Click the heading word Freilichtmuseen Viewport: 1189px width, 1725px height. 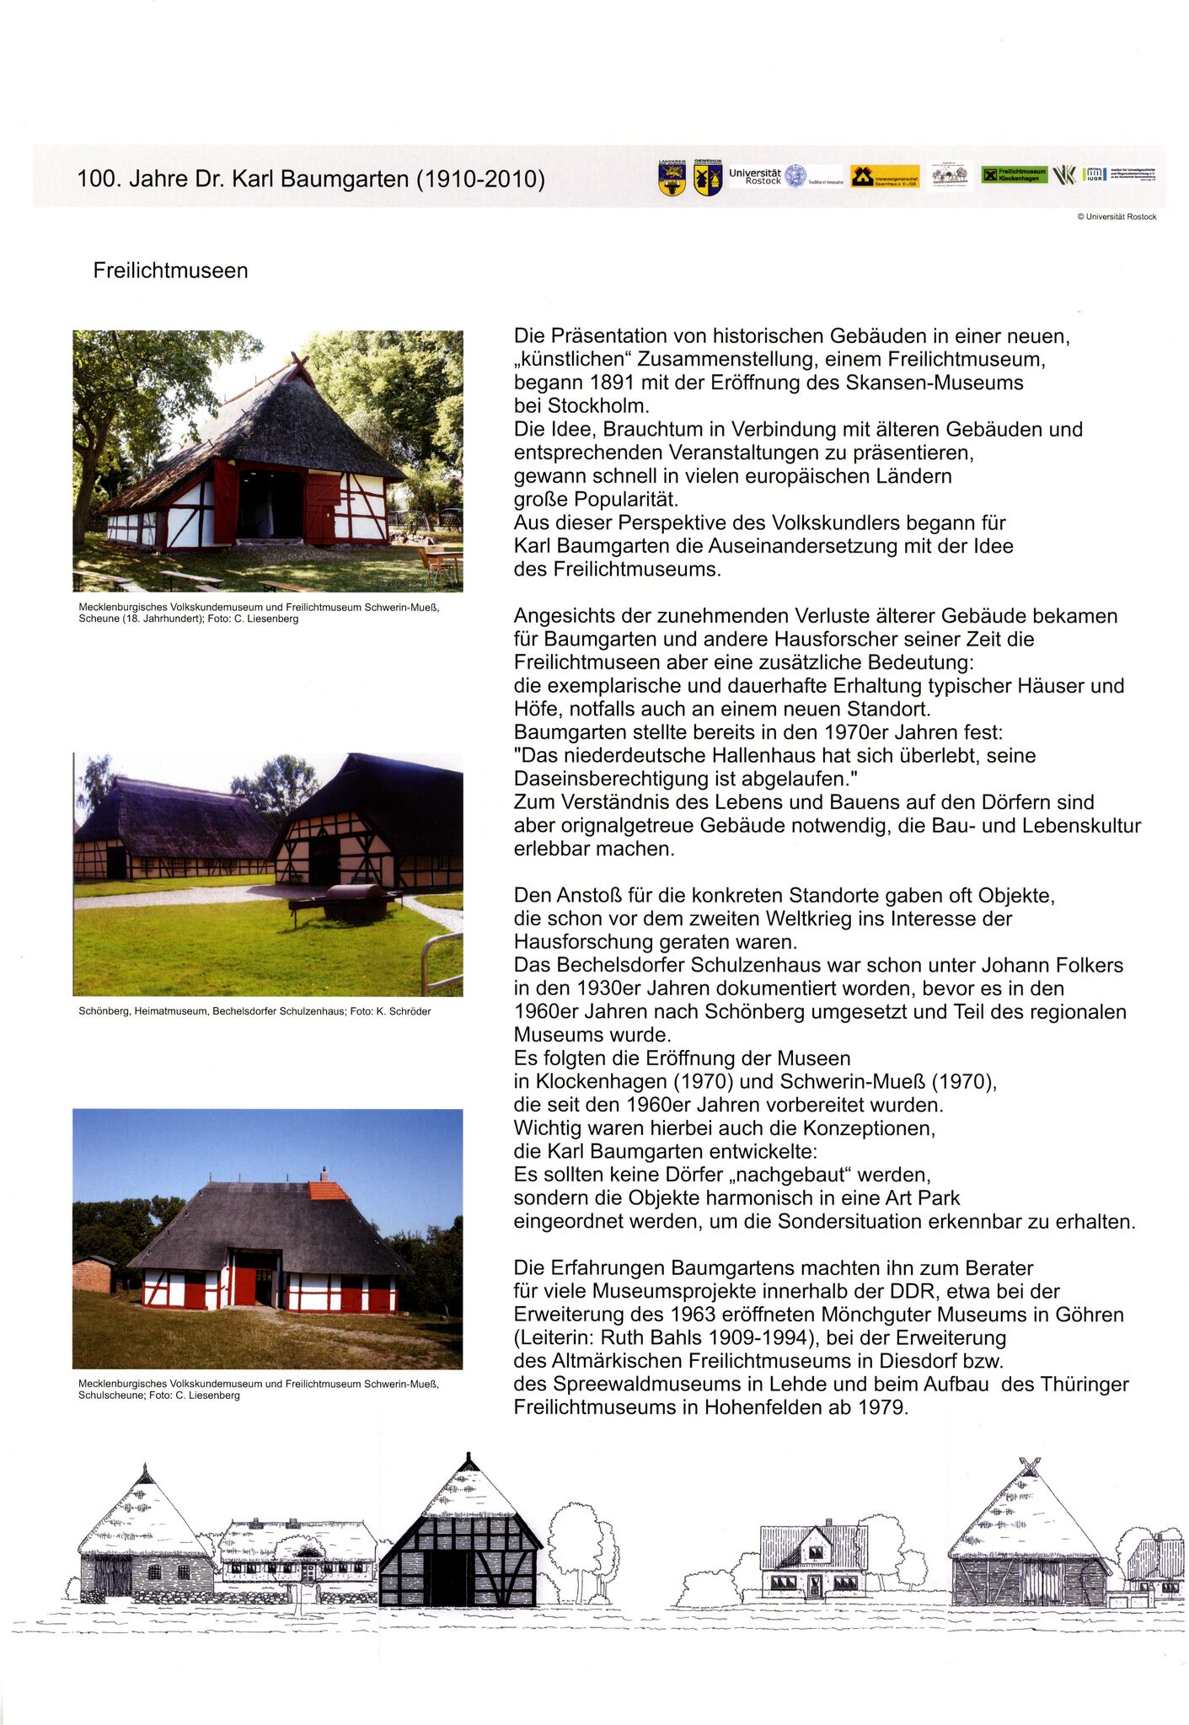170,271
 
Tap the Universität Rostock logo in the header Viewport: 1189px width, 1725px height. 767,176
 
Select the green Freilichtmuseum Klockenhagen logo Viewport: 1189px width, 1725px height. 1014,175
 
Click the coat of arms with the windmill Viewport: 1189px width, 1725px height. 707,179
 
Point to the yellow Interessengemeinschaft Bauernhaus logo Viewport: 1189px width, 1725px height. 884,177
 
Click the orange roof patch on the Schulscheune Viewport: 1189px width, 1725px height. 328,1191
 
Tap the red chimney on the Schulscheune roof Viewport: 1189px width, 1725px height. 324,1174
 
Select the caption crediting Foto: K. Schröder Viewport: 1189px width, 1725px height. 254,1011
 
